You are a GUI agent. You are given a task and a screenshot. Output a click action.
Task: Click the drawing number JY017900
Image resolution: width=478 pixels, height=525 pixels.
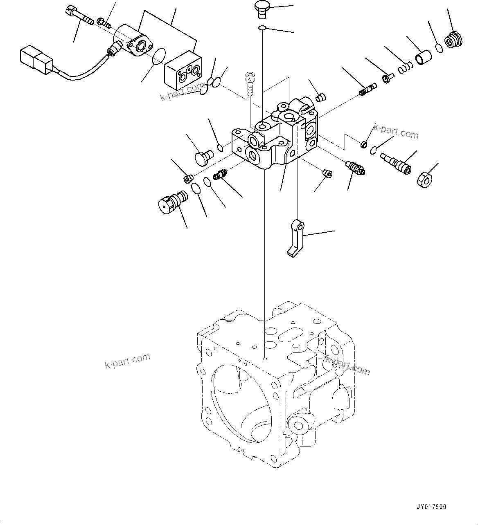pos(433,507)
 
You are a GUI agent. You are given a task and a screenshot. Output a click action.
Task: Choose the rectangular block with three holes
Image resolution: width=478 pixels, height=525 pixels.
pos(183,71)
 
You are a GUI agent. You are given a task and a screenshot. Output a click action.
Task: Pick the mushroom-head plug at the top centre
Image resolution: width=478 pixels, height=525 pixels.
pos(261,9)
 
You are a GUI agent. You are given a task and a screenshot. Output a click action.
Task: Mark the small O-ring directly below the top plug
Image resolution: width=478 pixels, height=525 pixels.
pos(262,28)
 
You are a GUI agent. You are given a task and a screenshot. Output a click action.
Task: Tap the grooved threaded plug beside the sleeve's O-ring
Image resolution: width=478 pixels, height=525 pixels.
pos(454,40)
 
